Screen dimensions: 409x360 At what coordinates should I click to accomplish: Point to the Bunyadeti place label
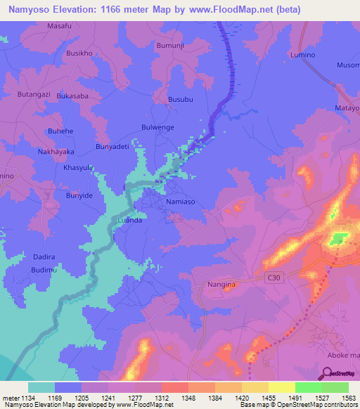point(112,146)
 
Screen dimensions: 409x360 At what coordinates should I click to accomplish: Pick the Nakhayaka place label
point(56,152)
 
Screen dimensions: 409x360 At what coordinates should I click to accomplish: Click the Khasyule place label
point(79,168)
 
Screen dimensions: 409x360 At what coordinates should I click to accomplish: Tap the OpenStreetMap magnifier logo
point(328,373)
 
